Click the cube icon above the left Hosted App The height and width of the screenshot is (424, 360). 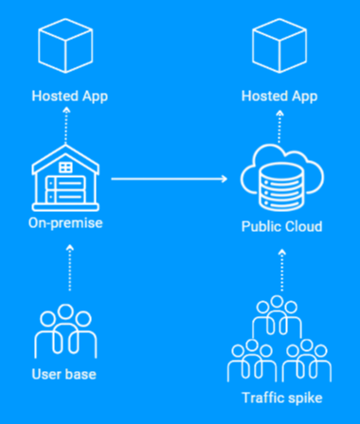(65, 45)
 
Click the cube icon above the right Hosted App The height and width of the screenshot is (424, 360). (279, 45)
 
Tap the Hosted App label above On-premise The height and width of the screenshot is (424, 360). (70, 97)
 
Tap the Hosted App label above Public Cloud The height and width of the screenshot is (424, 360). (279, 97)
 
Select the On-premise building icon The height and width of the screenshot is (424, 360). (65, 178)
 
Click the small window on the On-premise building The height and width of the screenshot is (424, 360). (65, 168)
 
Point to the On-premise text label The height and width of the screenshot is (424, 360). (65, 223)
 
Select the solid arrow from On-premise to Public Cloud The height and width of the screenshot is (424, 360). (170, 179)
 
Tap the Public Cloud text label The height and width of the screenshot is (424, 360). (281, 226)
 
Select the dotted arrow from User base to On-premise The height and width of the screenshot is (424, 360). (70, 268)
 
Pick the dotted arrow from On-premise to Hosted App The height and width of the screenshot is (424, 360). (65, 126)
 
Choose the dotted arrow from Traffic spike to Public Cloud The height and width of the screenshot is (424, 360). (282, 271)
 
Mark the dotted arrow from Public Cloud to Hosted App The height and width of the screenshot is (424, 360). (279, 127)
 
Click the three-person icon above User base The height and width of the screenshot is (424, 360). (65, 331)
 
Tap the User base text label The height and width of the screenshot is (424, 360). (64, 375)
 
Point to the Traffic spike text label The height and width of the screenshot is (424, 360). (282, 397)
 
